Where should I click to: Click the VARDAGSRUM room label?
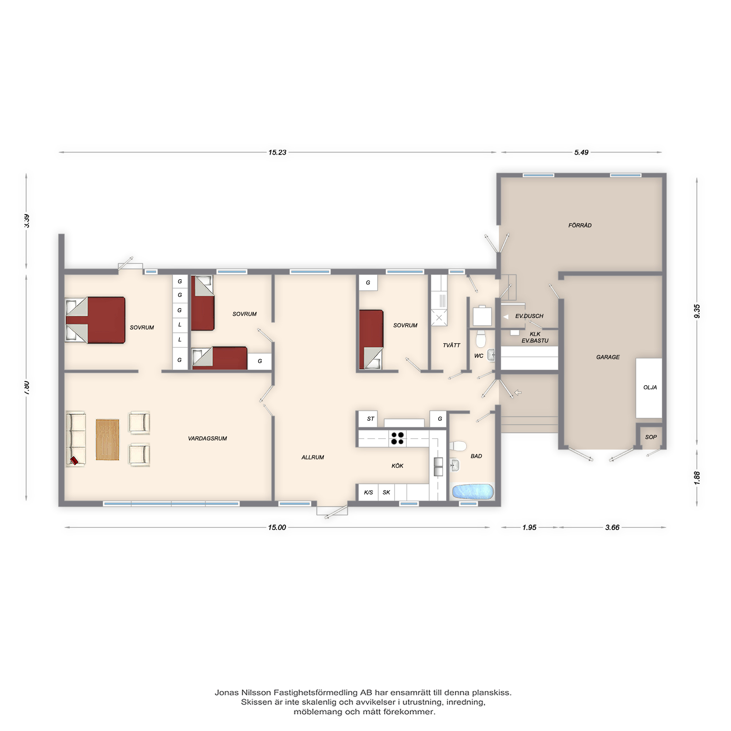pos(207,439)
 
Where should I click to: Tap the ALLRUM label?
pos(313,458)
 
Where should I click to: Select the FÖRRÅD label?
pos(580,226)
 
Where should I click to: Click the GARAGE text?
pos(608,357)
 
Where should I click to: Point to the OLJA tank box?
pos(649,388)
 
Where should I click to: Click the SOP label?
pos(651,437)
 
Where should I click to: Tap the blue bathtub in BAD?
pos(473,492)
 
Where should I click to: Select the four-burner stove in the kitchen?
pos(397,438)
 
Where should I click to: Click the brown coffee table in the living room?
pos(107,439)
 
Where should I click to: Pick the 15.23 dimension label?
pos(277,152)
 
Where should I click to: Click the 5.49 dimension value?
pos(581,152)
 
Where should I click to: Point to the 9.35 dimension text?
pos(697,311)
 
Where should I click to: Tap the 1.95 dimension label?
pos(529,527)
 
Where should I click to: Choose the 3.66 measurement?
pos(612,527)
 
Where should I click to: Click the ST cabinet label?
pos(370,419)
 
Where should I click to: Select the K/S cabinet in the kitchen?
pos(368,492)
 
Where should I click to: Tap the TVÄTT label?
pos(451,345)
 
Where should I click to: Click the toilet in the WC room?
pos(481,339)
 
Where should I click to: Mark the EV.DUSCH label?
pos(529,316)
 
